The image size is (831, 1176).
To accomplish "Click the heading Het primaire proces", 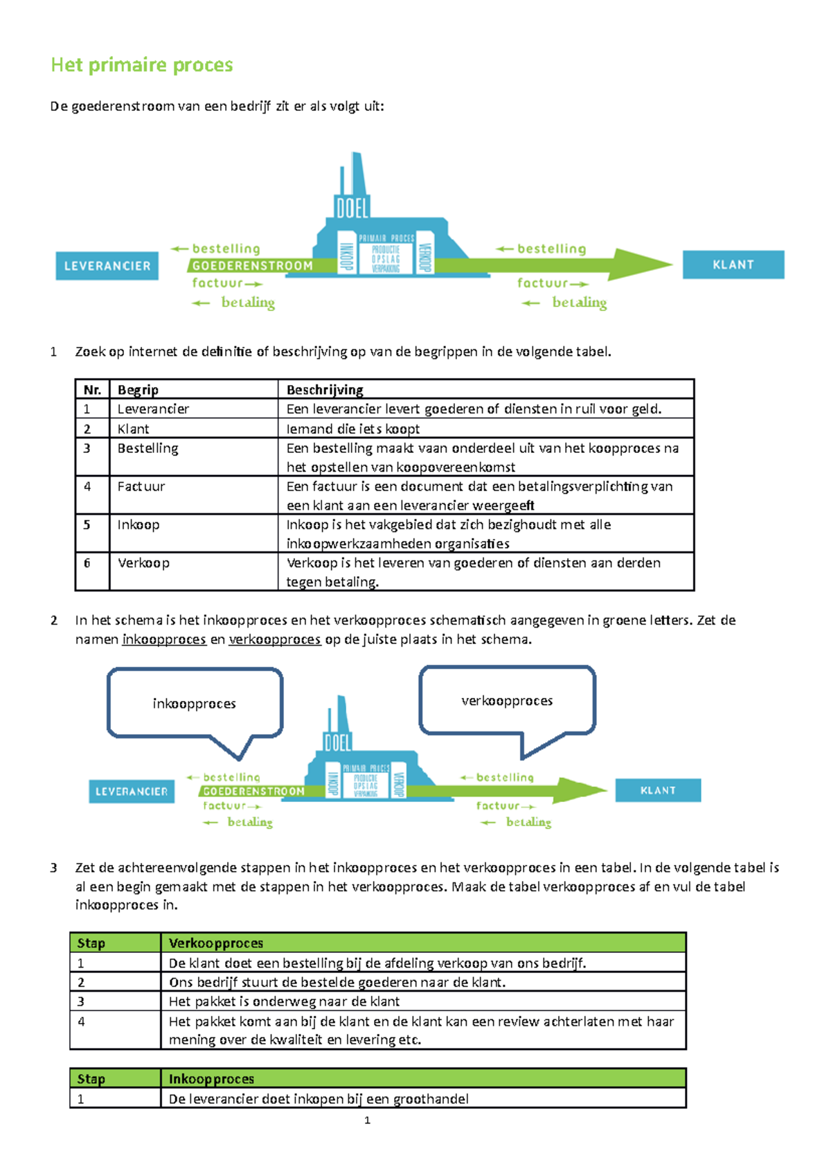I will point(142,65).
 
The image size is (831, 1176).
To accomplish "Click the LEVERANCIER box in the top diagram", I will point(107,266).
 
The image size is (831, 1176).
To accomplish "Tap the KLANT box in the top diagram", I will point(733,265).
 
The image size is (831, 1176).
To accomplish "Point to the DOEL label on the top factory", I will point(352,207).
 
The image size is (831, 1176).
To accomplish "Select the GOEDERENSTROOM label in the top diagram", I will point(252,266).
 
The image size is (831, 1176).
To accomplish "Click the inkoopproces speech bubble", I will point(195,704).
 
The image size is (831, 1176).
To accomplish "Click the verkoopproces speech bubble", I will point(507,701).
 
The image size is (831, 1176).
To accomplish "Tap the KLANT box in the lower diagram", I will point(657,790).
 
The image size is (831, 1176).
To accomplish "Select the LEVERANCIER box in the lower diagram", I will point(132,792).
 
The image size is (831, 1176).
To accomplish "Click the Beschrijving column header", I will point(325,390).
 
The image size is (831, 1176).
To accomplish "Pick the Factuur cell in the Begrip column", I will point(141,487).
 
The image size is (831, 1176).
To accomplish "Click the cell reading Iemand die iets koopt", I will point(353,429).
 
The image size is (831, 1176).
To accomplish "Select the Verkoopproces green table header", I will point(216,943).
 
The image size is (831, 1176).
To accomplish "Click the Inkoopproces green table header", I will point(211,1078).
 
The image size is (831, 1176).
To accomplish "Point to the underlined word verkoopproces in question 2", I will point(274,639).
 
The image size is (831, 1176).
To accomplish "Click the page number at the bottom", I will point(367,1120).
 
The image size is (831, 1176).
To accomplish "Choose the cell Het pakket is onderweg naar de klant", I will point(284,1001).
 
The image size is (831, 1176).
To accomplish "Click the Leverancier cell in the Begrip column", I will point(153,409).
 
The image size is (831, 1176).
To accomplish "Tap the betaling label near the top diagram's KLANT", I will point(579,303).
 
